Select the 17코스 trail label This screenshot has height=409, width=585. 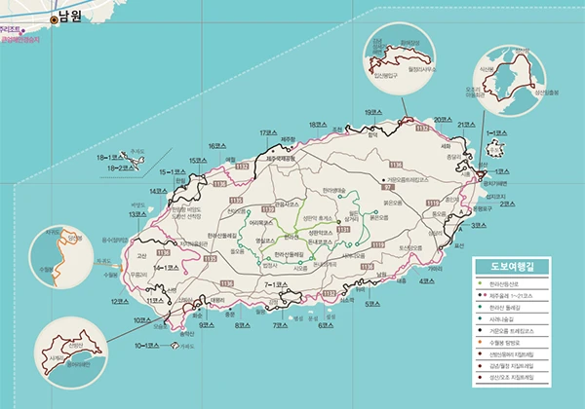pyautogui.click(x=270, y=132)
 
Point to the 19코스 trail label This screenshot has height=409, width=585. pyautogui.click(x=374, y=113)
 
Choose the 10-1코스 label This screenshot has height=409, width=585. pyautogui.click(x=146, y=346)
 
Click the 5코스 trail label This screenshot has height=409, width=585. pyautogui.click(x=372, y=304)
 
